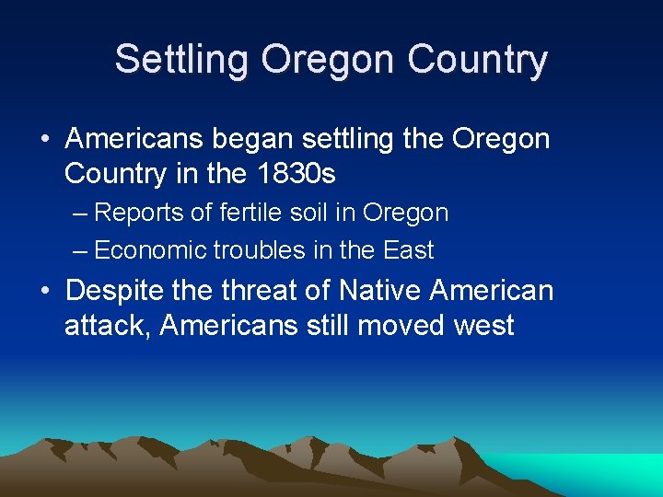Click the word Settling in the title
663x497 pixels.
point(181,60)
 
